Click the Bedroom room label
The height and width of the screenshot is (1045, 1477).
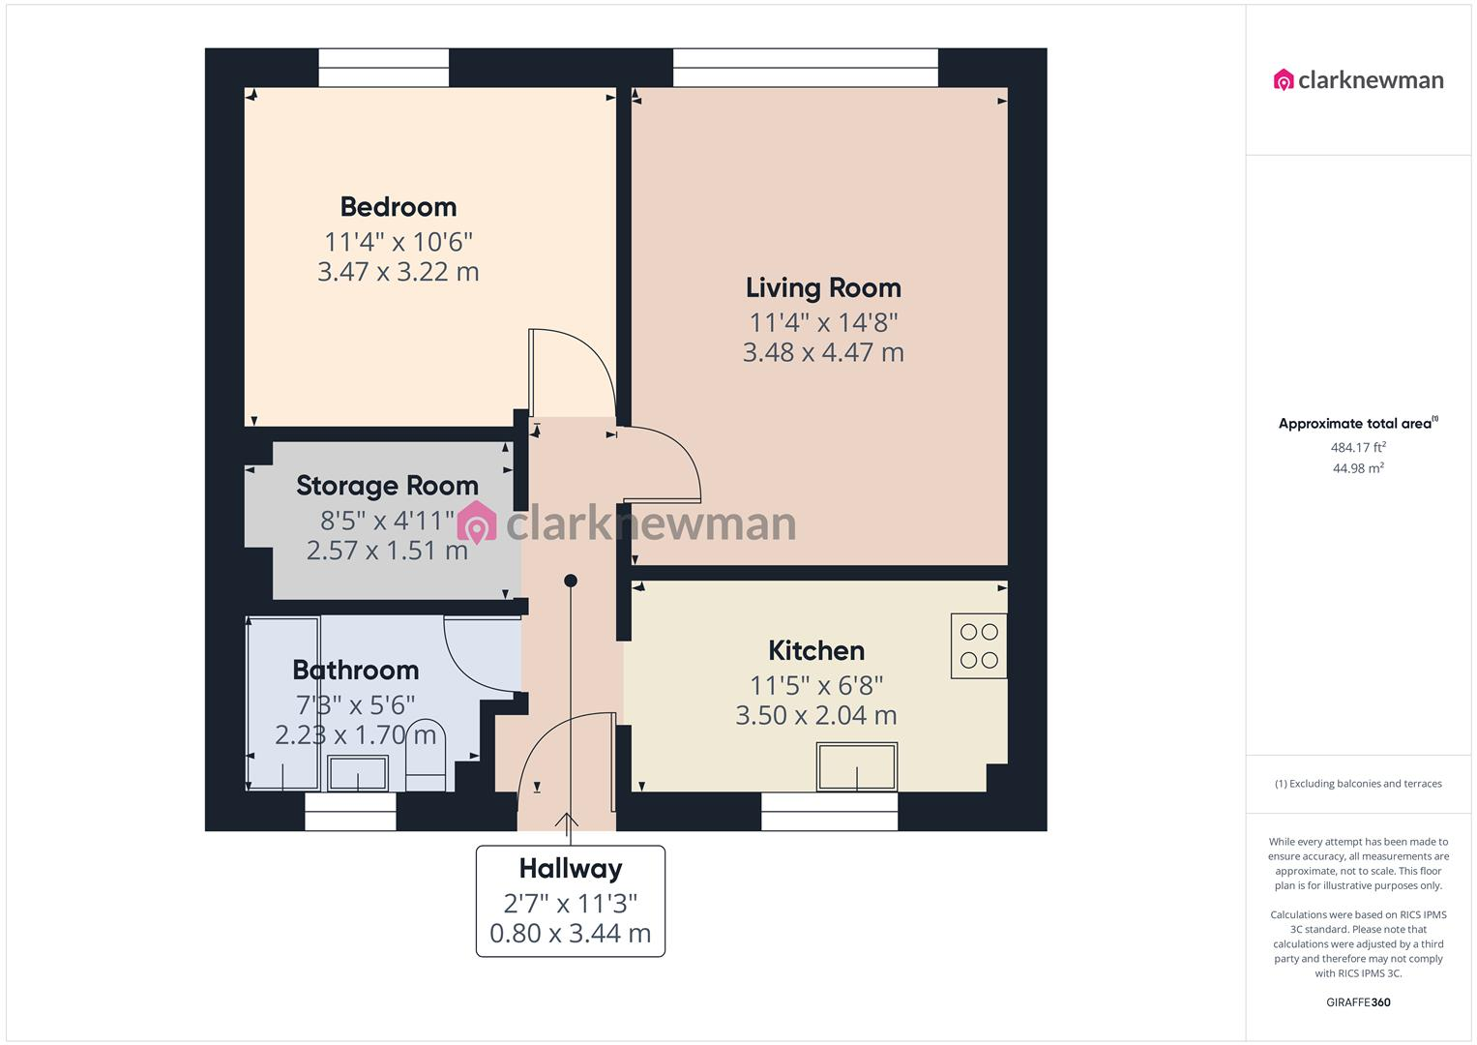click(x=398, y=207)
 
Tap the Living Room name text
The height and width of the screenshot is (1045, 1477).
click(x=823, y=288)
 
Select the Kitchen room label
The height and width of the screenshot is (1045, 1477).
click(x=816, y=651)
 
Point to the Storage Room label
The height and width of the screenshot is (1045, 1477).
click(x=387, y=486)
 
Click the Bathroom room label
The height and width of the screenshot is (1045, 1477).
click(x=355, y=671)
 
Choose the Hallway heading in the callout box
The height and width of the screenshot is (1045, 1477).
click(x=570, y=869)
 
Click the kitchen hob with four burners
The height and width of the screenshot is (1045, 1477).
click(x=979, y=646)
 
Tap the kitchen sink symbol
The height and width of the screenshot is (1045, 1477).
click(x=857, y=766)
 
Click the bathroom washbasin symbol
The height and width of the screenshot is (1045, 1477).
click(x=358, y=773)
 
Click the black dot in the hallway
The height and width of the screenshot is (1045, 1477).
click(x=571, y=581)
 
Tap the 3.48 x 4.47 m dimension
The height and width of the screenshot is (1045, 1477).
click(x=823, y=353)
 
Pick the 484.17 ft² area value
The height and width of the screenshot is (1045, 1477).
click(x=1358, y=448)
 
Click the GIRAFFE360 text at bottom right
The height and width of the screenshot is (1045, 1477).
click(x=1358, y=1002)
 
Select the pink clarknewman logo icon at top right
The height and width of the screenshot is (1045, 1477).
click(x=1284, y=80)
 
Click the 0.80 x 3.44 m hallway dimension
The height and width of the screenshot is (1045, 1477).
click(x=570, y=934)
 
